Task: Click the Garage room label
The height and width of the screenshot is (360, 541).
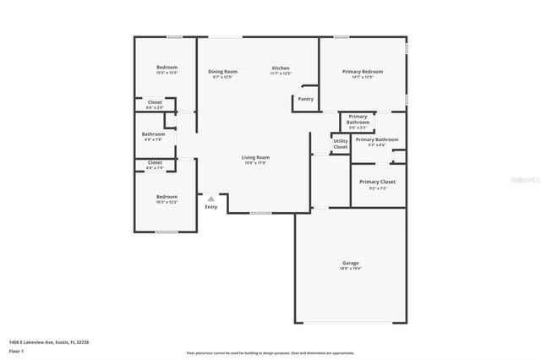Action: [x=350, y=263]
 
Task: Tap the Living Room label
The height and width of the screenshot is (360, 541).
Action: [x=255, y=157]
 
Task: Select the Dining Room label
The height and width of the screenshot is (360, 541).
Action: [x=223, y=72]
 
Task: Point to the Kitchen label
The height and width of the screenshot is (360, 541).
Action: [x=281, y=68]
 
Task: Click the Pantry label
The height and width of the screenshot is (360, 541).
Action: [x=305, y=99]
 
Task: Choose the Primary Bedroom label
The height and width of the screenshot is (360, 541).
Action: [x=363, y=72]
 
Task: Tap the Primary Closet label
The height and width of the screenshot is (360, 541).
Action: [x=377, y=182]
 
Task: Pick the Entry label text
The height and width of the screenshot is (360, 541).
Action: [x=211, y=207]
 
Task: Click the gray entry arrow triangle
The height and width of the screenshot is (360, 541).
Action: [x=211, y=199]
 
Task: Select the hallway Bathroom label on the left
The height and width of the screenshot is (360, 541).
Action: [x=153, y=134]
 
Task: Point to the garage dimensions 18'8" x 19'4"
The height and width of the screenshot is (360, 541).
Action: [x=350, y=269]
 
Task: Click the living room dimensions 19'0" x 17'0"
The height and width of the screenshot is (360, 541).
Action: [x=255, y=163]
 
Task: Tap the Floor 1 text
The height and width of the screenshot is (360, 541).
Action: [x=16, y=350]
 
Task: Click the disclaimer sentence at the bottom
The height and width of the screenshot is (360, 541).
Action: [x=270, y=353]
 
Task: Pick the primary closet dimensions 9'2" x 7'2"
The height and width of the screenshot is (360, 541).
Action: [x=377, y=188]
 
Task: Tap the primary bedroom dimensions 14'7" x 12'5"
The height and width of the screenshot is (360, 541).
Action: [x=363, y=78]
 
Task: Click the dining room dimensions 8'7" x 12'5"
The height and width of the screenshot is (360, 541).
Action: [x=223, y=78]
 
